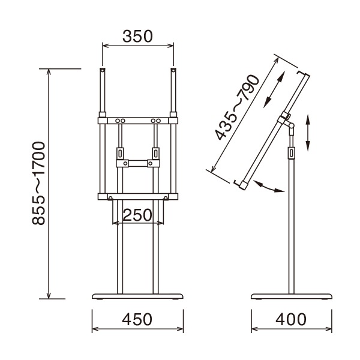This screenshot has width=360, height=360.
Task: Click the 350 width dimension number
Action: [137, 36]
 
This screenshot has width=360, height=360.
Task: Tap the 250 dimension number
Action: [137, 215]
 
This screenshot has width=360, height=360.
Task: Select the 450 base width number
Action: [137, 319]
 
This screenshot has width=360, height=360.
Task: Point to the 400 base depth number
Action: [291, 319]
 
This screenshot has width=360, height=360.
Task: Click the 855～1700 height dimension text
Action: [38, 183]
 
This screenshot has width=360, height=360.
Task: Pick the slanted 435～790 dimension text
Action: [237, 107]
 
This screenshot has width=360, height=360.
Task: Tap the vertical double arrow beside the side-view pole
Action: [308, 133]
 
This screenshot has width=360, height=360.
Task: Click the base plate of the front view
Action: [137, 296]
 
